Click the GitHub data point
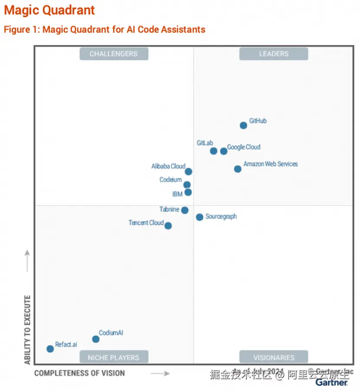243,125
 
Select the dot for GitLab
213,151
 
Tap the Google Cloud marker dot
223,151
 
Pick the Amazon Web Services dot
238,169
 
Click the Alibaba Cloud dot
188,172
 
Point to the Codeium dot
187,185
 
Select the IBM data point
188,192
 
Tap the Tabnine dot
185,210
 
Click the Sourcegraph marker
199,217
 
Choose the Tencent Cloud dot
168,226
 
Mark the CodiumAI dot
96,339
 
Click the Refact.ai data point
50,349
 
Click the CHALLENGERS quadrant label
114,54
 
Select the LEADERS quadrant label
273,54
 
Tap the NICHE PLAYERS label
114,358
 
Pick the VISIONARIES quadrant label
273,358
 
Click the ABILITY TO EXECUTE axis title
28,329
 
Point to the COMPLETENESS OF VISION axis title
80,373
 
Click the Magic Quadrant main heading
49,10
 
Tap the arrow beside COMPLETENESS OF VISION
160,373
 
